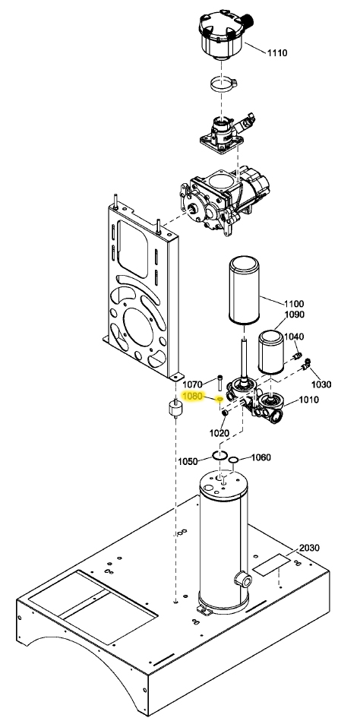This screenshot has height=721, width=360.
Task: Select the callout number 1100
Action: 293,304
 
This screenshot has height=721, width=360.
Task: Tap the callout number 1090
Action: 294,315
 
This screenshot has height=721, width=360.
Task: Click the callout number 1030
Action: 322,384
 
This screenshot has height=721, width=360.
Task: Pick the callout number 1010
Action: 308,400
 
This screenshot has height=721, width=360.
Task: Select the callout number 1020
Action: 219,433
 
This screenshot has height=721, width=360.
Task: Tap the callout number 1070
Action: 193,384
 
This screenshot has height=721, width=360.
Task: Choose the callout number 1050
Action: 188,461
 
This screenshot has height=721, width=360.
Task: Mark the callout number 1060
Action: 261,457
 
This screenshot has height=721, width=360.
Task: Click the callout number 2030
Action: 310,548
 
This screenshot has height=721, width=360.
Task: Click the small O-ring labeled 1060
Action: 235,459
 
